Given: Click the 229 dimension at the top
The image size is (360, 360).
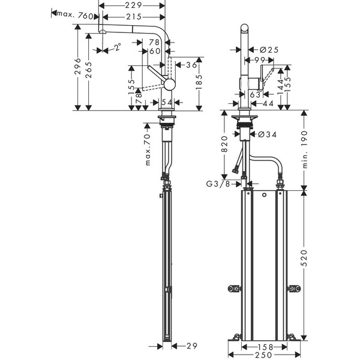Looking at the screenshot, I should (x=134, y=5).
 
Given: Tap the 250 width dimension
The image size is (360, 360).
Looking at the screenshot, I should (x=259, y=355).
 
